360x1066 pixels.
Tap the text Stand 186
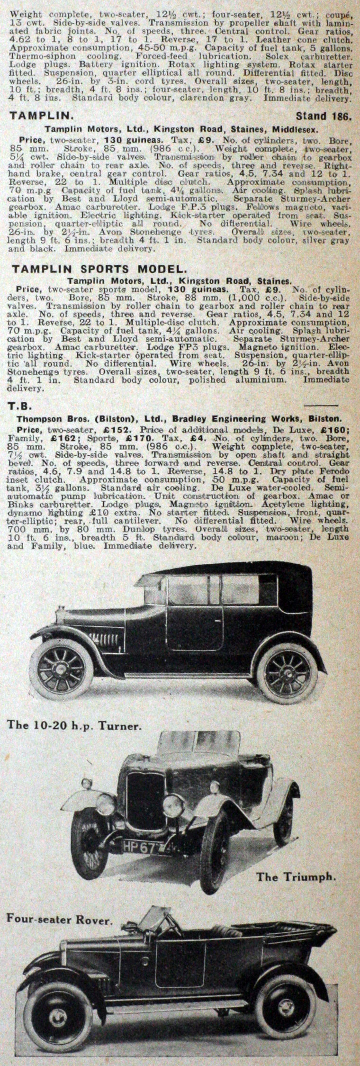(x=323, y=116)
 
